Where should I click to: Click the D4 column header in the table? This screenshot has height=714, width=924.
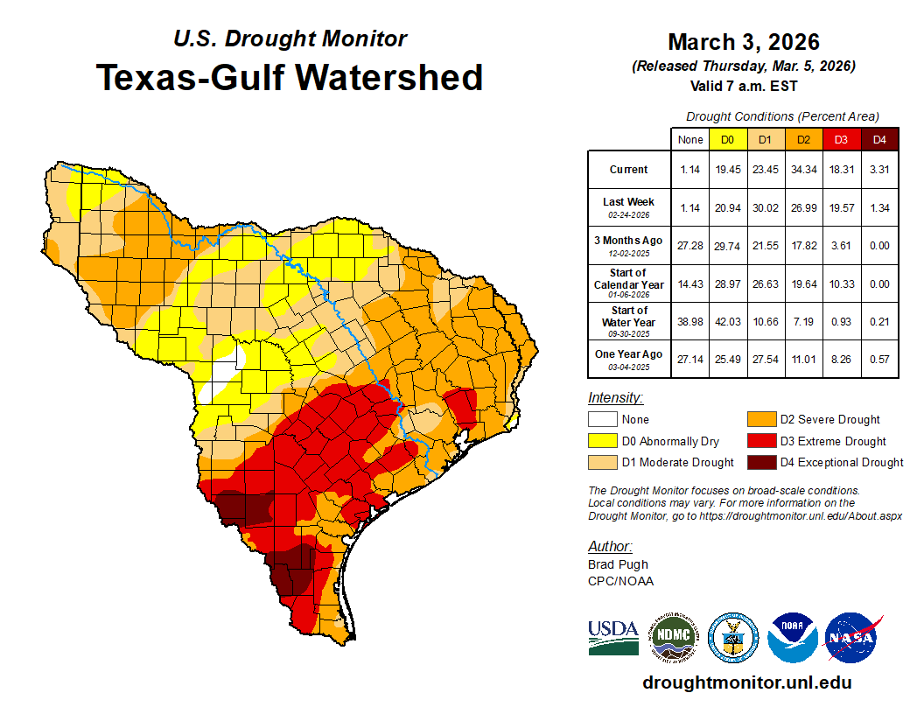tap(880, 140)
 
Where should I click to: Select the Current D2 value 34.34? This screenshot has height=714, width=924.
tap(804, 170)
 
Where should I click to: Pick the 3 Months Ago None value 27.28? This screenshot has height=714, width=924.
tap(690, 246)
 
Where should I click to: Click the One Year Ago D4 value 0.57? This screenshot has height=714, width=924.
tap(880, 359)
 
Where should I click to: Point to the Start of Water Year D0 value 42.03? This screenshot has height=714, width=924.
tap(728, 321)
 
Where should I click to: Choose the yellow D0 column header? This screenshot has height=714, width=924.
tap(728, 140)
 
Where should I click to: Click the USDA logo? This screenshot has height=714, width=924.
tap(612, 636)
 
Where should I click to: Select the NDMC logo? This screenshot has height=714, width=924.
tap(673, 637)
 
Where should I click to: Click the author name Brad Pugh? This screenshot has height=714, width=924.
tap(619, 564)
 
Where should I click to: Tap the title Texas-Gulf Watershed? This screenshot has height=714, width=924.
tap(290, 77)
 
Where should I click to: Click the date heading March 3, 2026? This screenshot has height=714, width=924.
tap(743, 42)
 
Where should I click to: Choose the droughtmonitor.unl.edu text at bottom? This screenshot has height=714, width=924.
tap(746, 682)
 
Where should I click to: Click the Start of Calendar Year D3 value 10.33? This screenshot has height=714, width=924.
tap(842, 283)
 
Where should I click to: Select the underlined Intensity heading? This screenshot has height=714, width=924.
tap(615, 397)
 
